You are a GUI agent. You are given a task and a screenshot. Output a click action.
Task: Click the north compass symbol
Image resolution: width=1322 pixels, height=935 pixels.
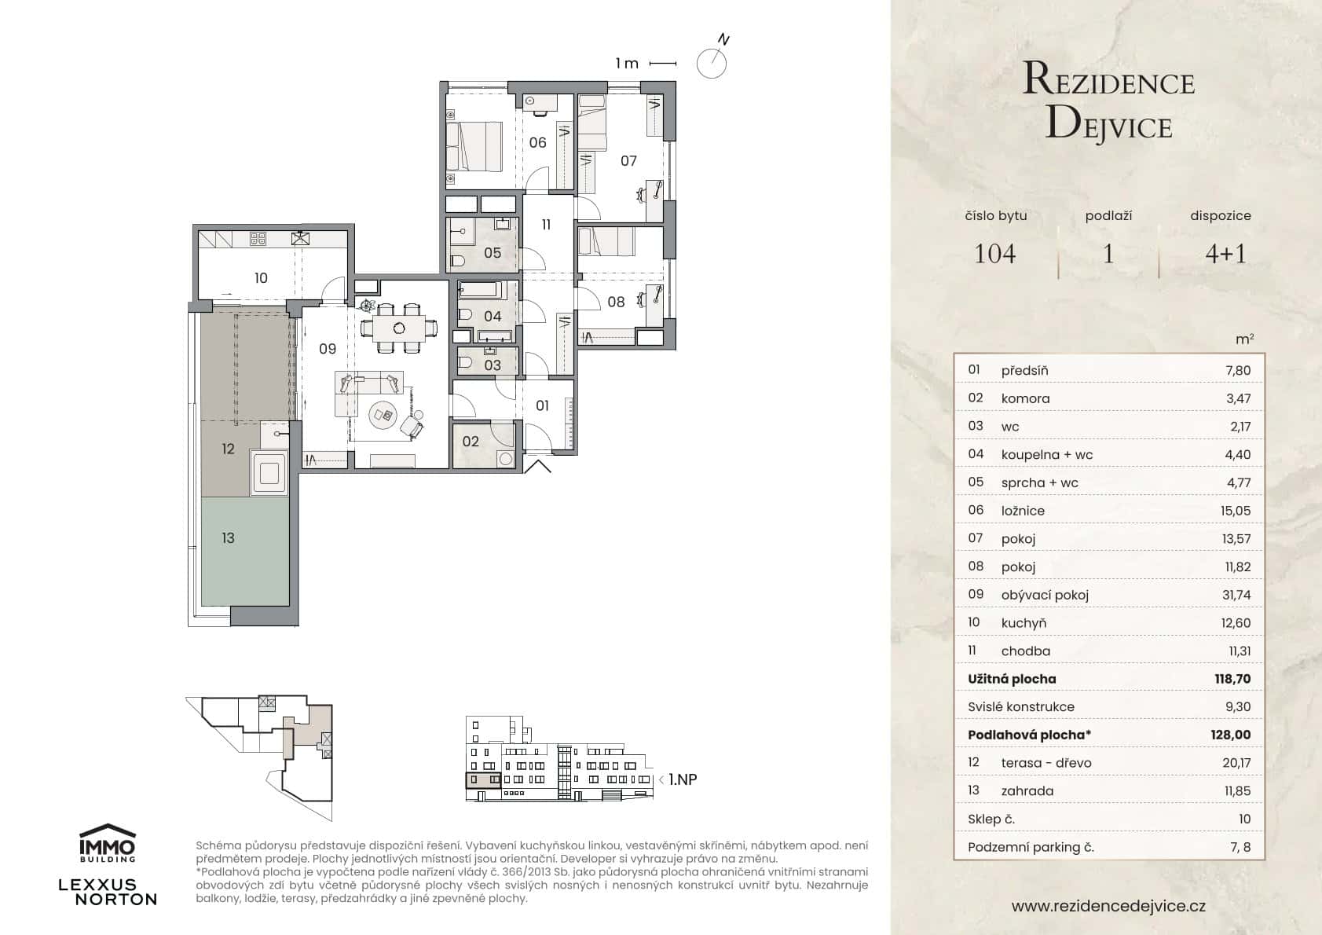tap(712, 62)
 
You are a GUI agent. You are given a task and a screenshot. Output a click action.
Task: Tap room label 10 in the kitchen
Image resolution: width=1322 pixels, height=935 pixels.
tap(261, 277)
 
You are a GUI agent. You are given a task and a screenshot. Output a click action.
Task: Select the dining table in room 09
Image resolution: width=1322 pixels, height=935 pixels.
tap(400, 326)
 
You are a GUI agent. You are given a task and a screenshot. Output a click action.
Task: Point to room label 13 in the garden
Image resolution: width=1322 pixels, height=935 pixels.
tap(228, 538)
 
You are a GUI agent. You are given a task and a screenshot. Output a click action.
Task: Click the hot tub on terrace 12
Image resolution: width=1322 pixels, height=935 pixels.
tap(269, 473)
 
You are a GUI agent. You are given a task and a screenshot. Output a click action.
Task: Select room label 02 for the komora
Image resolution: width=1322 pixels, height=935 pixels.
tap(471, 442)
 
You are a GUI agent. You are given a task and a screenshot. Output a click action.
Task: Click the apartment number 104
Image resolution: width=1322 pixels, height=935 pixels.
tap(994, 254)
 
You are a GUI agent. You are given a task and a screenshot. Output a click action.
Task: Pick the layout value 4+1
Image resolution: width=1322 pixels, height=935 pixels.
tap(1225, 254)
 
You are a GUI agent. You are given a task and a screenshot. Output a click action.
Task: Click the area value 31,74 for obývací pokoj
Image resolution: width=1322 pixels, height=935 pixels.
tap(1236, 595)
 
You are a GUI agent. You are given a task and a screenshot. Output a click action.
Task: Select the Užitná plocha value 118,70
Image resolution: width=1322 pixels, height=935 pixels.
tap(1232, 679)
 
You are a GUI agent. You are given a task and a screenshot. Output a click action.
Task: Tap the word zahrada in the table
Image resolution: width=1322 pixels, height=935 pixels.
tap(1027, 791)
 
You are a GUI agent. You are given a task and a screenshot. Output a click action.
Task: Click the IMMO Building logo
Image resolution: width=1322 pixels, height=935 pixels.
tap(108, 842)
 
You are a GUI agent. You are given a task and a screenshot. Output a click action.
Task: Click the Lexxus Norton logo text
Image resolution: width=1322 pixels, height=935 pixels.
tap(108, 892)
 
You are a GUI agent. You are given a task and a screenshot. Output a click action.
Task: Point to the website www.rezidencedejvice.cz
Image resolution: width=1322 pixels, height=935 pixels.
tap(1108, 906)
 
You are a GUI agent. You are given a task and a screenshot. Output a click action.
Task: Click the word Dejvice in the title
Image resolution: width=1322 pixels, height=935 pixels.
tap(1108, 124)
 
